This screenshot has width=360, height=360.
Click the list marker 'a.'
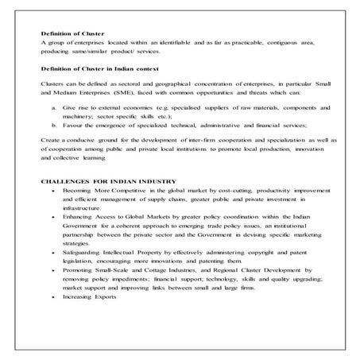(53, 106)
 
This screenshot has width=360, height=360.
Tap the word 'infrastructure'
(82, 209)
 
